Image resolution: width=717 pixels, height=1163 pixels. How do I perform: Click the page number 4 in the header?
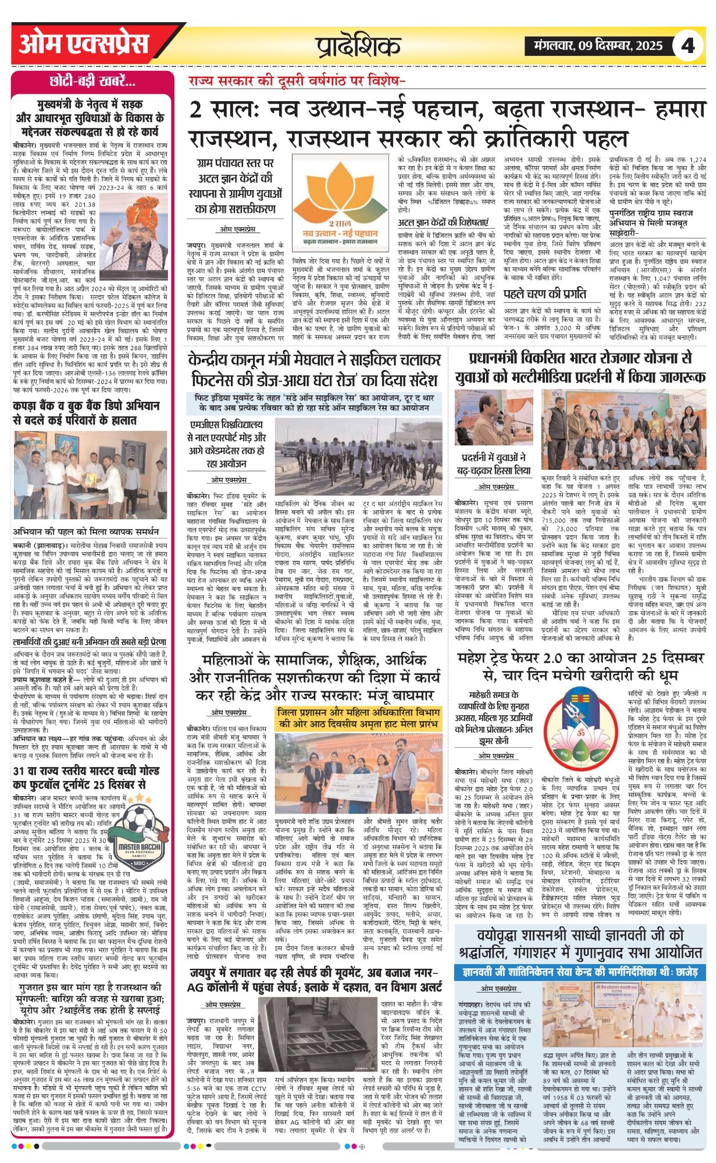pos(688,45)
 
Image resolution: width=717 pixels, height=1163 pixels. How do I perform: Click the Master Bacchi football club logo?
pos(139,837)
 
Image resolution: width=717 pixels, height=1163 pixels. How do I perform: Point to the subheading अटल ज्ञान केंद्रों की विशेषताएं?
pos(443,223)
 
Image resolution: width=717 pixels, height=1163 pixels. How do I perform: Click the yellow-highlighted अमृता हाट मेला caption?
pos(358,718)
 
